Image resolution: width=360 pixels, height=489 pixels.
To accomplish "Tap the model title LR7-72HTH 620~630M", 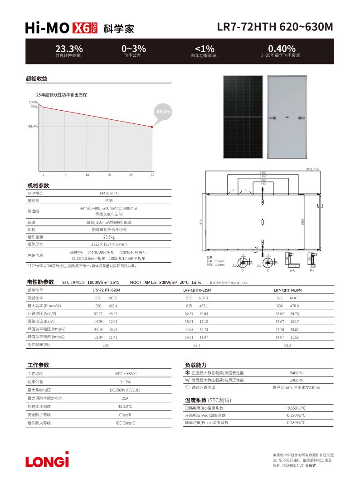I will (x=275, y=27).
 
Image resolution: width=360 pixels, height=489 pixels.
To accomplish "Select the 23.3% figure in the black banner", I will (x=69, y=49).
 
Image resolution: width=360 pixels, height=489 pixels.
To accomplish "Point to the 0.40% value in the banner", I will (x=282, y=49).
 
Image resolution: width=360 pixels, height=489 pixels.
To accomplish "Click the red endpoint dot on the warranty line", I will (x=152, y=127).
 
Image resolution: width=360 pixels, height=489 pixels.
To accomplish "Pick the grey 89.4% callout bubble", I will (x=163, y=112).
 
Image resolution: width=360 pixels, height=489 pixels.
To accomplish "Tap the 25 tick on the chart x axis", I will (x=152, y=174).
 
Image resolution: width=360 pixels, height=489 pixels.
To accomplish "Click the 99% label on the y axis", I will (x=34, y=107).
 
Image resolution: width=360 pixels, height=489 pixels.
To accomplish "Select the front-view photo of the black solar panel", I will (x=243, y=117).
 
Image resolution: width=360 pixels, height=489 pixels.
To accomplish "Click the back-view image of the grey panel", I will (x=287, y=117).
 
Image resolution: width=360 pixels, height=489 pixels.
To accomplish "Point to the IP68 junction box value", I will (x=109, y=200).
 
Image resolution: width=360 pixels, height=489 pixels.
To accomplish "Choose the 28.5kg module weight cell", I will (x=109, y=237).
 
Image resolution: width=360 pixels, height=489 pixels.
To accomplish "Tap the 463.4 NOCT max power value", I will (x=113, y=306).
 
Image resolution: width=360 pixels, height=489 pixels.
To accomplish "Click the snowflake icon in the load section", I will (x=187, y=372).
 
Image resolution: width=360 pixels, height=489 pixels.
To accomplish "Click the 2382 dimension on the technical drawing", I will (x=263, y=173).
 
